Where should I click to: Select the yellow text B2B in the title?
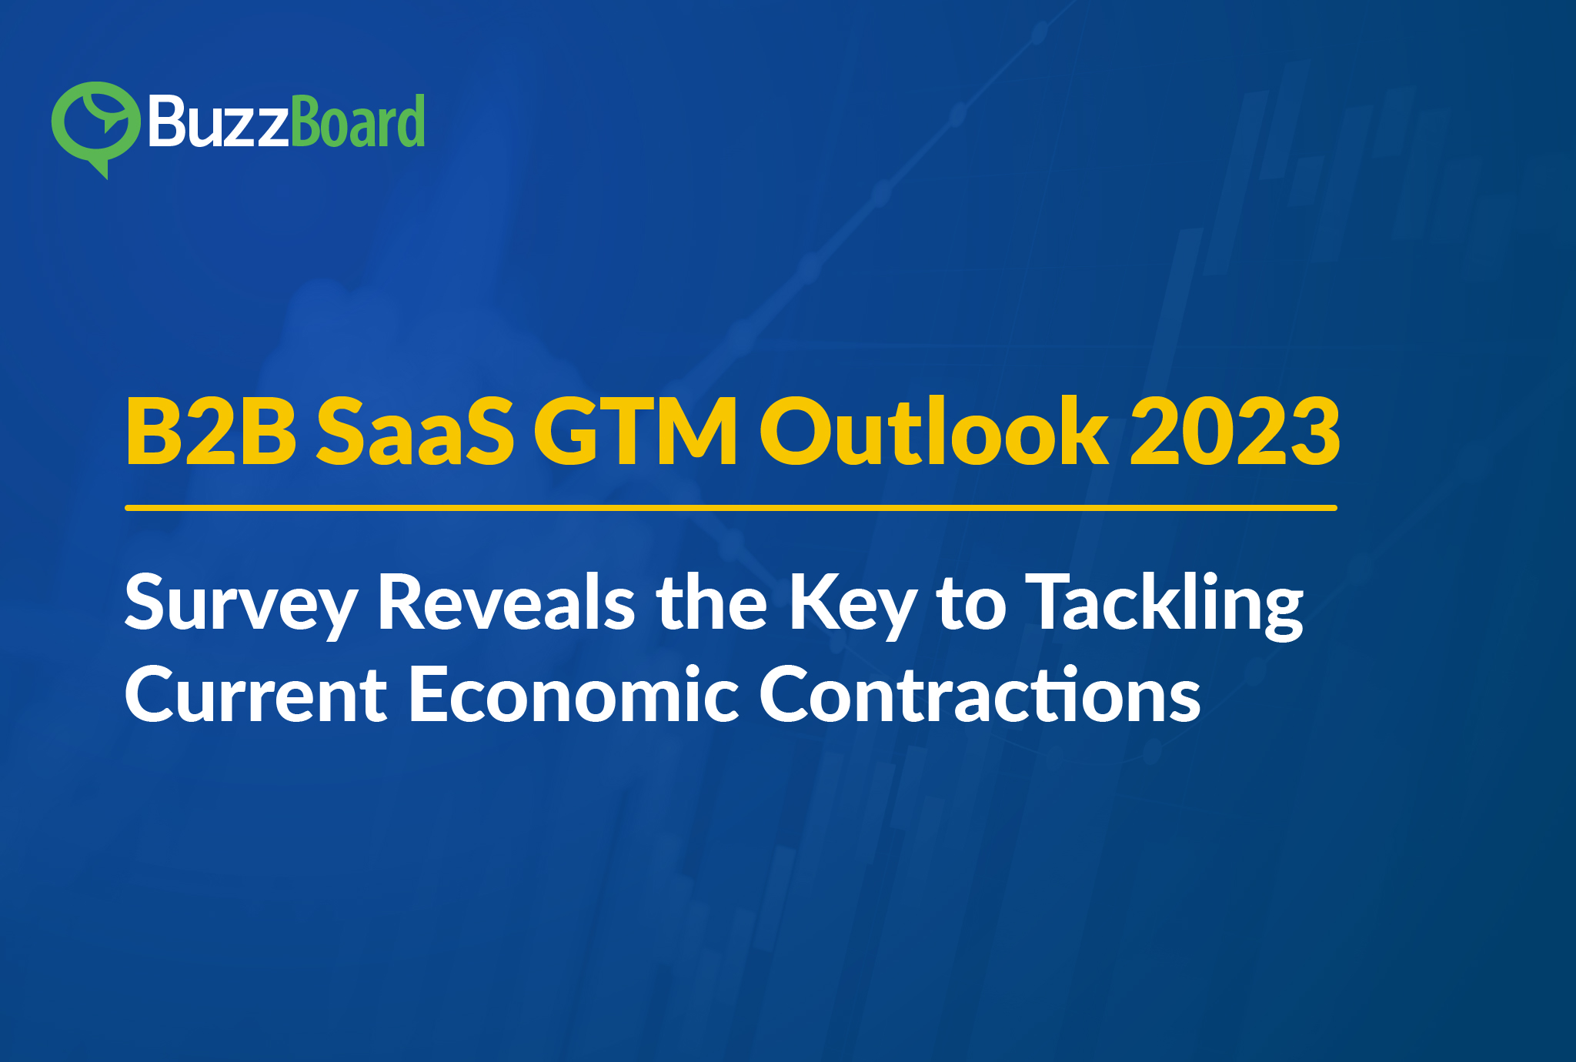[211, 432]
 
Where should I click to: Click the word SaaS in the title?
[415, 432]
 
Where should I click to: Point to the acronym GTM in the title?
[636, 432]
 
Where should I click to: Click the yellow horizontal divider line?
[731, 508]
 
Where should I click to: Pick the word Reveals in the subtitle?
[506, 602]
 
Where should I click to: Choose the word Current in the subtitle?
[256, 694]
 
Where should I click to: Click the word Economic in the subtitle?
[574, 694]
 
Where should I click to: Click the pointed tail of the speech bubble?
[101, 170]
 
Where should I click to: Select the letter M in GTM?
[696, 432]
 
